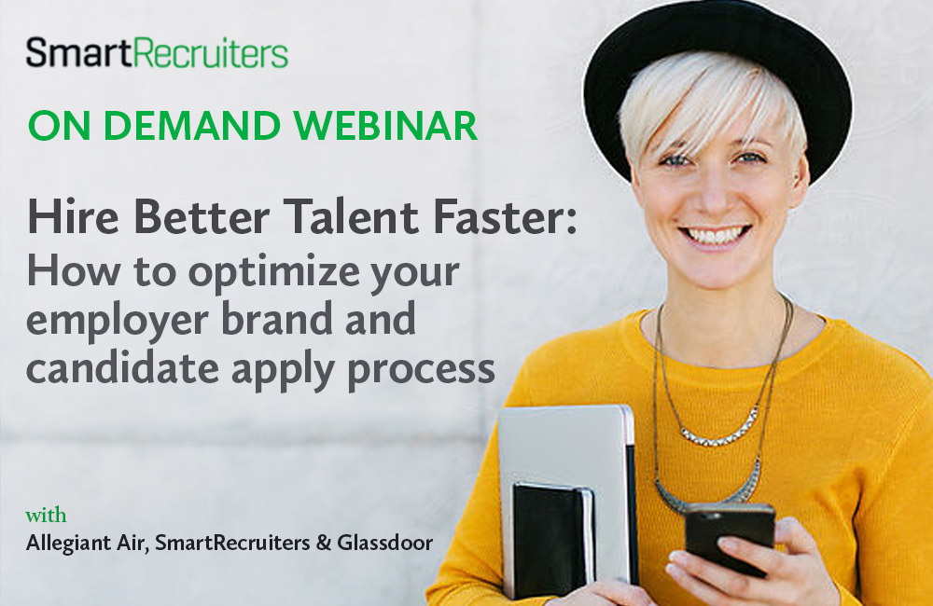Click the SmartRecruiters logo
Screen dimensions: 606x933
[x=157, y=53]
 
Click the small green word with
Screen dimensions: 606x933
[x=46, y=516]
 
